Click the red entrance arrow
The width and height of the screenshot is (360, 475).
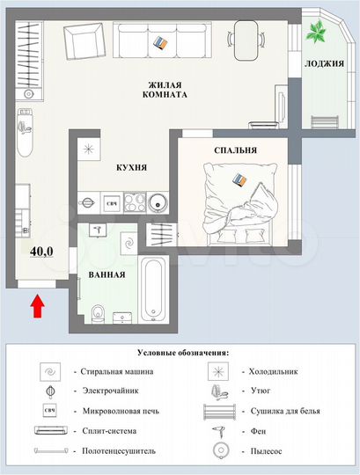[37, 306]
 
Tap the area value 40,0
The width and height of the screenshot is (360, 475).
[41, 251]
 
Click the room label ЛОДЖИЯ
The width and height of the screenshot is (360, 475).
[323, 64]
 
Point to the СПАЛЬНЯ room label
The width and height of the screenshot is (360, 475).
[235, 150]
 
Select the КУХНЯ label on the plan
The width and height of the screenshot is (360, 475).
[131, 166]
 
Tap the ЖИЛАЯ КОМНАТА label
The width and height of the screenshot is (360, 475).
[165, 90]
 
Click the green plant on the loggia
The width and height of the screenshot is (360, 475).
[315, 33]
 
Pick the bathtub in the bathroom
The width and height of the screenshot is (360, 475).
[155, 289]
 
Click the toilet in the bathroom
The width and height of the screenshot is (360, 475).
[100, 313]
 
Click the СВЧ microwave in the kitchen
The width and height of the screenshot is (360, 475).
[113, 205]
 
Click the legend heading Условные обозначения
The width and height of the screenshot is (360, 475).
[180, 352]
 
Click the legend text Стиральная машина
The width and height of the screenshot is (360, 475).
[119, 371]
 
